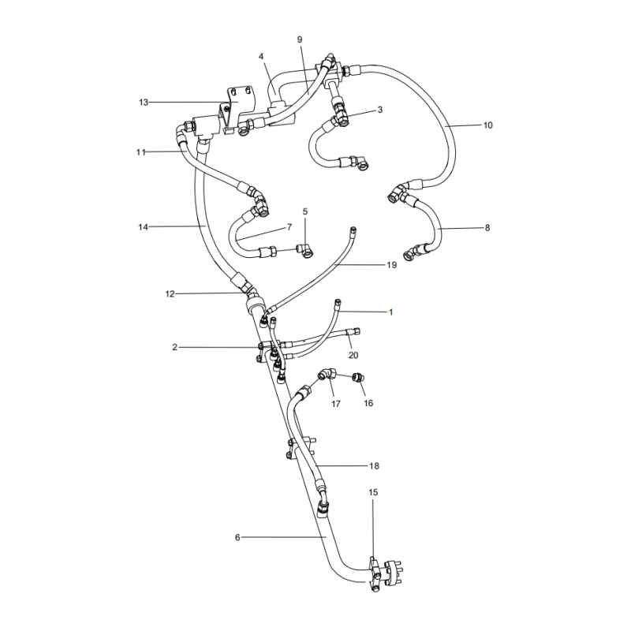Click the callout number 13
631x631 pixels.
[x=143, y=102]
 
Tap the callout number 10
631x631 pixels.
[x=487, y=125]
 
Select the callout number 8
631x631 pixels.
[x=487, y=228]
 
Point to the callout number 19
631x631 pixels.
[x=391, y=265]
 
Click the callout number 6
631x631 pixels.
[x=237, y=538]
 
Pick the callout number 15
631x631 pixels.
[x=374, y=492]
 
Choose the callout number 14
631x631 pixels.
[x=143, y=227]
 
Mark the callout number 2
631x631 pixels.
[x=174, y=347]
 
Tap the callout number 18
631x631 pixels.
[x=375, y=466]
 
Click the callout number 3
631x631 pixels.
[x=379, y=110]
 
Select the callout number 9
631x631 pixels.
[x=300, y=39]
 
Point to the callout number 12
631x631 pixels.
[x=170, y=294]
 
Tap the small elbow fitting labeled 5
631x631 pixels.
[x=304, y=249]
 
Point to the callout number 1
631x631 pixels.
[x=390, y=312]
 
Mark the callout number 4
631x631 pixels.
[x=261, y=56]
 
